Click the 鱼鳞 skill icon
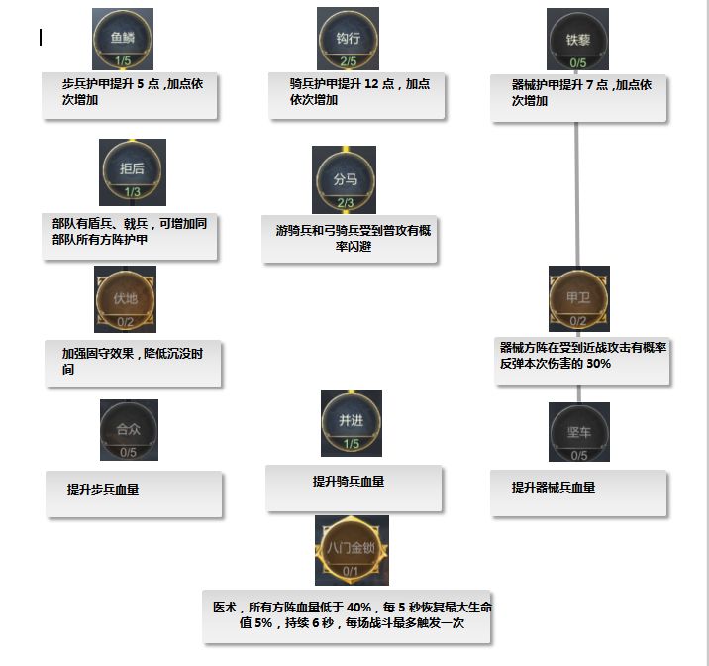(x=123, y=38)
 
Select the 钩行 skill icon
(x=348, y=38)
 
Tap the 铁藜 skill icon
(x=577, y=38)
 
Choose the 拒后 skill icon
(x=132, y=168)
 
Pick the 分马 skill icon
(x=345, y=179)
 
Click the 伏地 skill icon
(x=125, y=297)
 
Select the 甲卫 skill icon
(x=578, y=297)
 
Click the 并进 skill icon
(x=351, y=421)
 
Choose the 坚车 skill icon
(x=578, y=431)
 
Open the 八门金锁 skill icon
(x=351, y=548)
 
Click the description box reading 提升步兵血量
(x=134, y=493)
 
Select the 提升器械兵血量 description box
(x=577, y=493)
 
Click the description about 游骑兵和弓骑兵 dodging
(x=350, y=239)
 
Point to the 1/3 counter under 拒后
(x=132, y=192)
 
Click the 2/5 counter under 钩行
(x=348, y=61)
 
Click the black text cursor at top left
(x=41, y=38)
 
